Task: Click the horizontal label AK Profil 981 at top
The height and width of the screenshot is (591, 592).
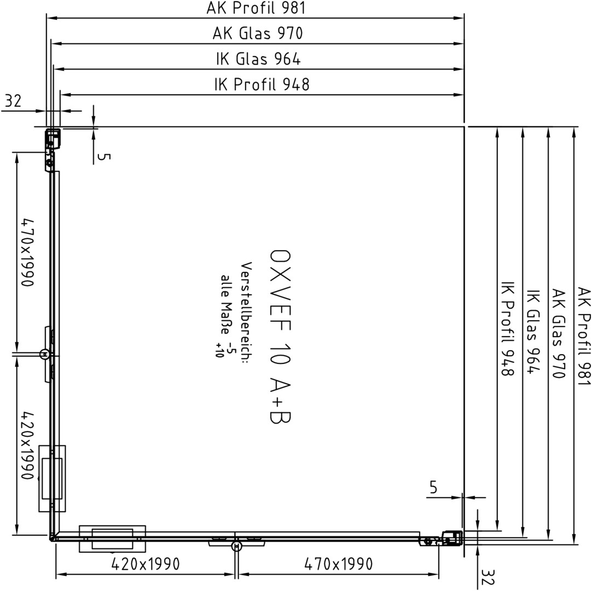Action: pyautogui.click(x=256, y=8)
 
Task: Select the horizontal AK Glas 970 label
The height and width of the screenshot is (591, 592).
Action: pyautogui.click(x=258, y=33)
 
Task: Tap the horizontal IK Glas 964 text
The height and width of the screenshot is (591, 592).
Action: pyautogui.click(x=258, y=59)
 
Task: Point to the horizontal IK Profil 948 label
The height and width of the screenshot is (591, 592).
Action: pyautogui.click(x=262, y=84)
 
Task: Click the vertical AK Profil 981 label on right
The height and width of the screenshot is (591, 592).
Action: pyautogui.click(x=584, y=337)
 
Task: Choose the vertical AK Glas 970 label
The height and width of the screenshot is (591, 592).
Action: pyautogui.click(x=559, y=333)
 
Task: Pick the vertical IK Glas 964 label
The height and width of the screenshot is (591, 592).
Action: pyautogui.click(x=533, y=332)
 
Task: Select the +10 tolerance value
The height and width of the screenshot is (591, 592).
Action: pyautogui.click(x=219, y=350)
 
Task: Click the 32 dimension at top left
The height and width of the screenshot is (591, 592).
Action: pyautogui.click(x=13, y=101)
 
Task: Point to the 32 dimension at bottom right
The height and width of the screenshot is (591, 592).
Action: pyautogui.click(x=488, y=577)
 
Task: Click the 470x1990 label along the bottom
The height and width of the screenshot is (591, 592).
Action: pyautogui.click(x=338, y=564)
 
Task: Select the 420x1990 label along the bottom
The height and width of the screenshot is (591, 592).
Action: pyautogui.click(x=146, y=564)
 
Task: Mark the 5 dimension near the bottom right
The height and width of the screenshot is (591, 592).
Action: pyautogui.click(x=433, y=488)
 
